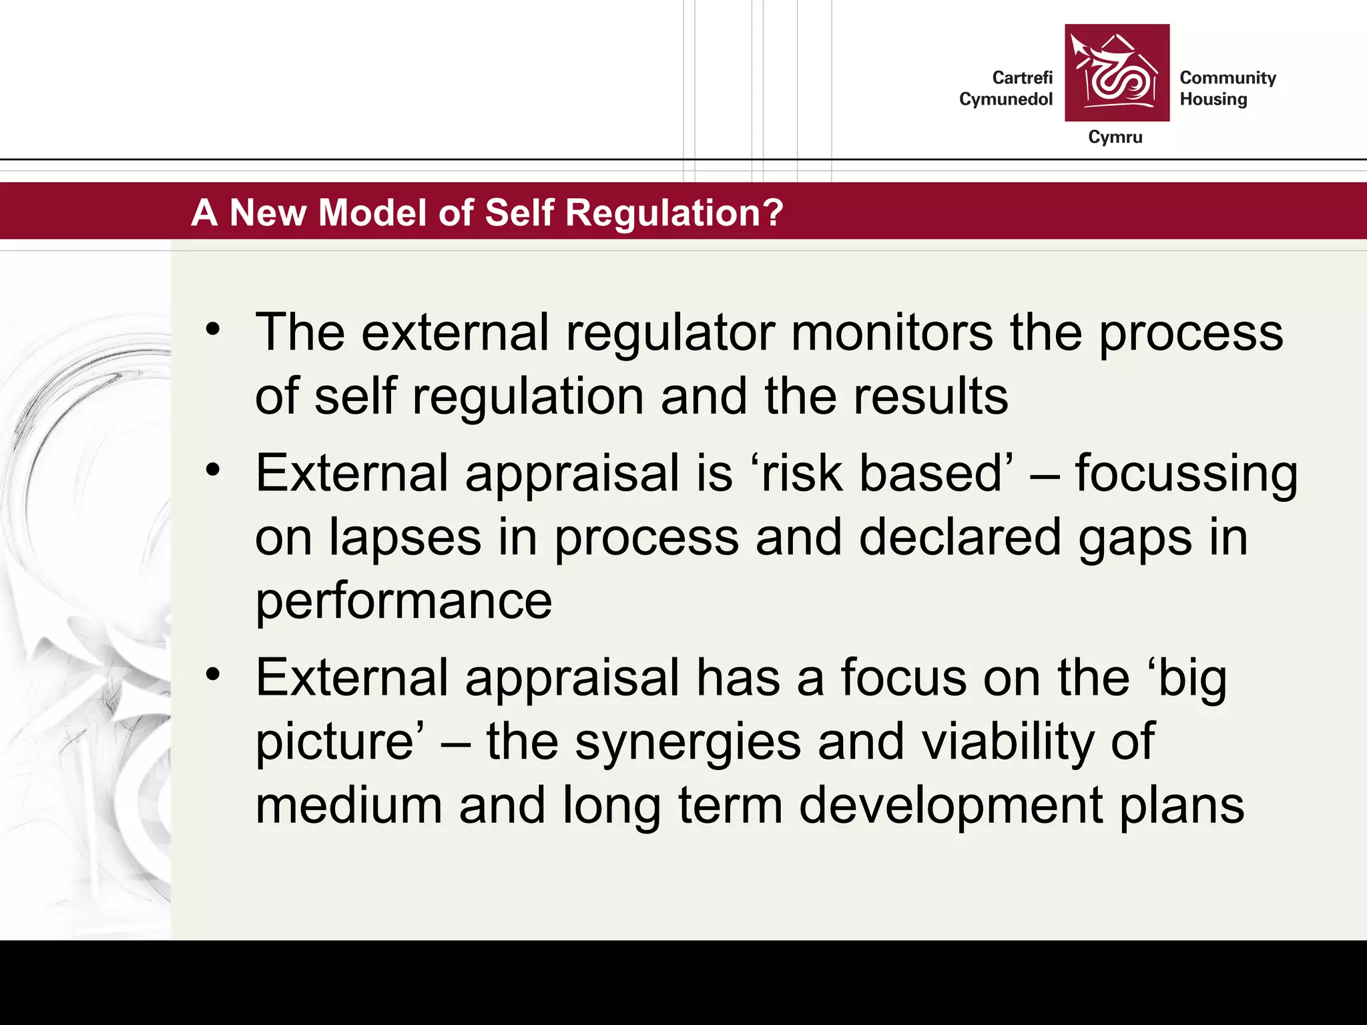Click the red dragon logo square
[x=1117, y=73]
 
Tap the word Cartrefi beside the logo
[x=1022, y=78]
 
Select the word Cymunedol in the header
[x=1005, y=99]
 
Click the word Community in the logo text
[x=1227, y=78]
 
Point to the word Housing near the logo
[x=1213, y=99]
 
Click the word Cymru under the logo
[x=1115, y=137]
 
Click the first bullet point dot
[x=213, y=329]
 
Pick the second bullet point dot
[x=213, y=470]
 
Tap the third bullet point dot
[x=213, y=675]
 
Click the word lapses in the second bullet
[x=404, y=538]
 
